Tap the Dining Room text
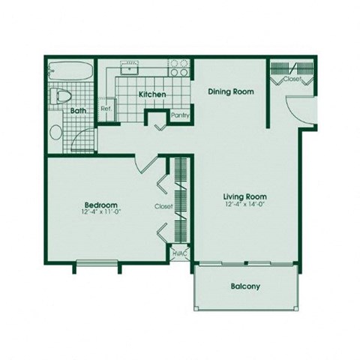tap(230, 91)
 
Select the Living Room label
tap(244, 198)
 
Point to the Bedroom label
tap(98, 204)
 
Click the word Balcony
tap(244, 286)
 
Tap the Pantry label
tap(180, 115)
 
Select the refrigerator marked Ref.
tap(106, 108)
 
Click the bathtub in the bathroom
tap(70, 74)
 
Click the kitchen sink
tap(133, 69)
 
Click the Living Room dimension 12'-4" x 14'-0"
tap(244, 205)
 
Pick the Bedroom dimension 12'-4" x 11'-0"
tap(98, 211)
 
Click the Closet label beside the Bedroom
tap(163, 206)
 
